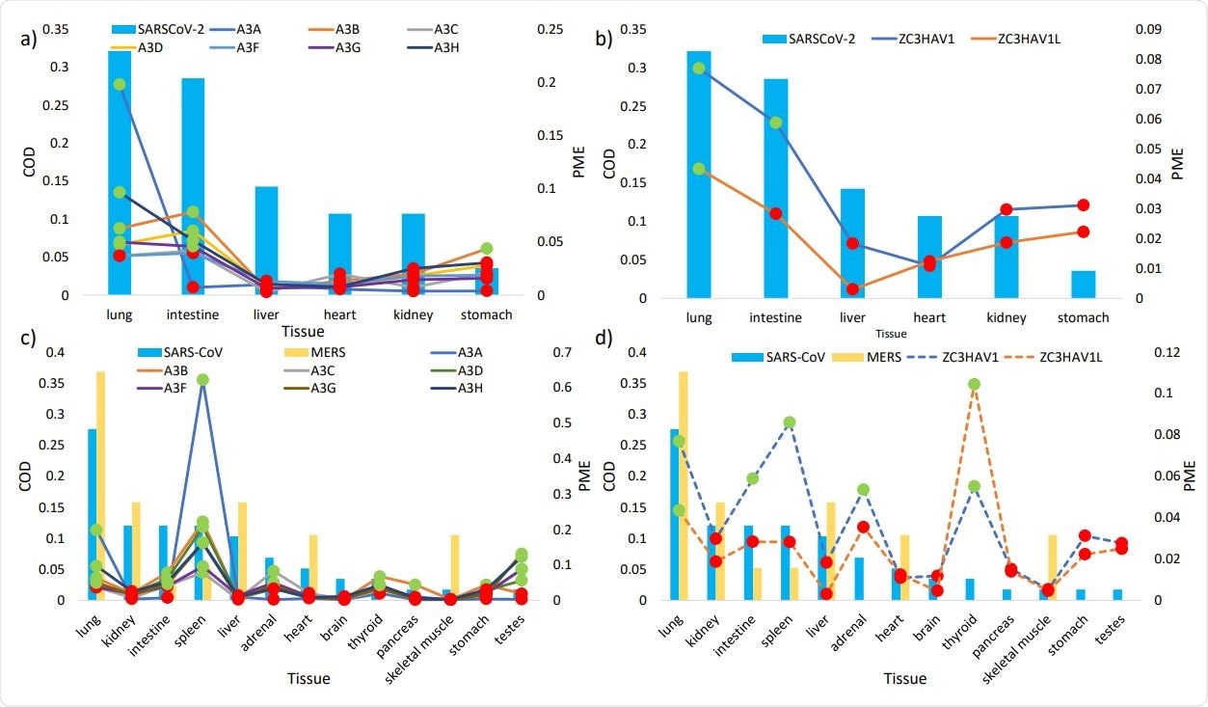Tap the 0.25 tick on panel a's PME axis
tap(549, 31)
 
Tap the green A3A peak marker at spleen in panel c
tap(202, 380)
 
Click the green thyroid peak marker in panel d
tap(974, 385)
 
